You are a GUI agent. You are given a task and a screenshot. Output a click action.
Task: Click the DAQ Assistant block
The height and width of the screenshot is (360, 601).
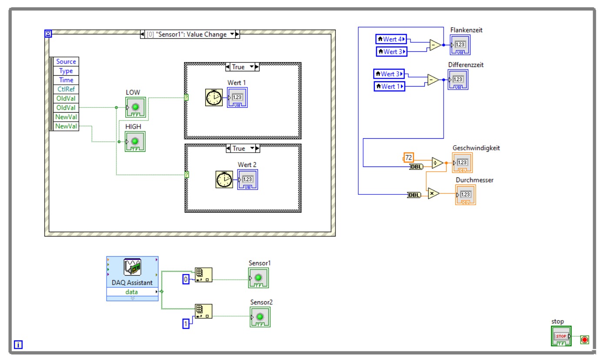[x=132, y=278]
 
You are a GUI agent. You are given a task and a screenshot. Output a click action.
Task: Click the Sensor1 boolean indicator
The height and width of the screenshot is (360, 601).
[x=258, y=278]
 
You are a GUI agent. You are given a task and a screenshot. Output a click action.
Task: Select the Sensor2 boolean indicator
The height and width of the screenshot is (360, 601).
[x=260, y=317]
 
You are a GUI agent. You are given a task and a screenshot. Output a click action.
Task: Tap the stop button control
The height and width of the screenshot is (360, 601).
[x=561, y=336]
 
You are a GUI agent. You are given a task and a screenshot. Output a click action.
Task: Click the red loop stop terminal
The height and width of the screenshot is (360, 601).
[x=584, y=340]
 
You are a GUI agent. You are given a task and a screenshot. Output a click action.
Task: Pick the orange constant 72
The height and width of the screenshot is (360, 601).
[x=408, y=157]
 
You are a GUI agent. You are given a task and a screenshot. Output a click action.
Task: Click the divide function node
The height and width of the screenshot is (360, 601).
[x=437, y=163]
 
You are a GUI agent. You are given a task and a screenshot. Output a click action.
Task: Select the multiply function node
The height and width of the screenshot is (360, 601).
[x=433, y=193]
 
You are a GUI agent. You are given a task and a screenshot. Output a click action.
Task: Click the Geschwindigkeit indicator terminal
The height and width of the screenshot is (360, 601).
[x=462, y=163]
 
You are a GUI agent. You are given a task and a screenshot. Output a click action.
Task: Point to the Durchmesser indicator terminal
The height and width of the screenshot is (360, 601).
[x=465, y=195]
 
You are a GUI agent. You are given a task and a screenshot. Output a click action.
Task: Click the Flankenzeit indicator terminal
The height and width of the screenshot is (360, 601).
[x=460, y=45]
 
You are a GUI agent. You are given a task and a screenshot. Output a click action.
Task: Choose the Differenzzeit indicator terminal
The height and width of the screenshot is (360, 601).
[x=458, y=80]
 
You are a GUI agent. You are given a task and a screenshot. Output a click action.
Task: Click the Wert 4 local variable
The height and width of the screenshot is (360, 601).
[x=391, y=39]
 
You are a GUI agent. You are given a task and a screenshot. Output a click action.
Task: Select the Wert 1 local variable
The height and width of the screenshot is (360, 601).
[x=389, y=87]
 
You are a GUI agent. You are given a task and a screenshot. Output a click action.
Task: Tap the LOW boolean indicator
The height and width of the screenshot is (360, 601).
[x=135, y=107]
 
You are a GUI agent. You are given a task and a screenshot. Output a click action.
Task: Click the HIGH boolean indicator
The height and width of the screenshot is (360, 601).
[x=135, y=141]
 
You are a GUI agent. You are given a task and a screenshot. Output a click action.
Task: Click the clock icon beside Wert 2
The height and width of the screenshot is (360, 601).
[x=224, y=180]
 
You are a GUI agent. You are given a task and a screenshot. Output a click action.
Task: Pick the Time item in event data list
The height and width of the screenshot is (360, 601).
[x=66, y=80]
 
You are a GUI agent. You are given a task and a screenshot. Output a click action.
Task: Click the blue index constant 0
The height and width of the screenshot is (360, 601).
[x=186, y=280]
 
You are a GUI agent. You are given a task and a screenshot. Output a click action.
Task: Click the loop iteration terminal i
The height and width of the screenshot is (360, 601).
[x=18, y=345]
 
